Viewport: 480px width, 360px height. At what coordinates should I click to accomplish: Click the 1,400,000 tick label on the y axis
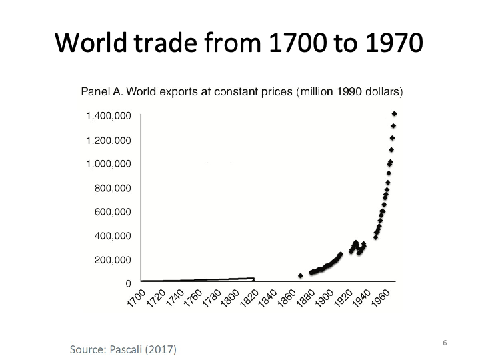point(109,116)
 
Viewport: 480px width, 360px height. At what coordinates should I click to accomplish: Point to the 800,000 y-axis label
point(113,188)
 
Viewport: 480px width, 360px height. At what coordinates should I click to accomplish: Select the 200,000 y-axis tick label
point(113,260)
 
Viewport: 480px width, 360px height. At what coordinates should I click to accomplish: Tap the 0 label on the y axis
point(128,284)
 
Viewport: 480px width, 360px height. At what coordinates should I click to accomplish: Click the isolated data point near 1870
point(300,275)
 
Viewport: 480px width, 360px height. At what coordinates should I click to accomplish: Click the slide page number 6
point(444,342)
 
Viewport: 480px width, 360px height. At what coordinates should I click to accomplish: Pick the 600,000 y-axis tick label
point(113,212)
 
